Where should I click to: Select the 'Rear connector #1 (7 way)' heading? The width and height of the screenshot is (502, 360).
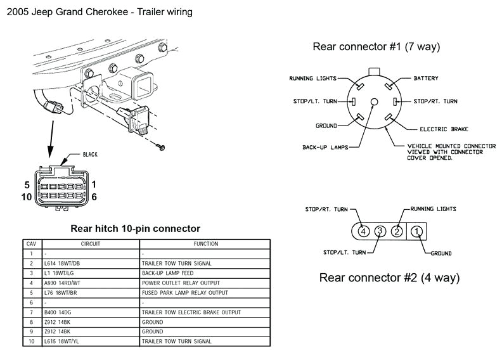[x=376, y=47]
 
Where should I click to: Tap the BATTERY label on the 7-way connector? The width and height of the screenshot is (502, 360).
[x=426, y=79]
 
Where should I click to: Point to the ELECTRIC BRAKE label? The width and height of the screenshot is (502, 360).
[x=443, y=129]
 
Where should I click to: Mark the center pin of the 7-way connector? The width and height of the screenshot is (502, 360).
[x=374, y=102]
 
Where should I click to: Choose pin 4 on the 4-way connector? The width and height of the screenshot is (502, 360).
[x=363, y=231]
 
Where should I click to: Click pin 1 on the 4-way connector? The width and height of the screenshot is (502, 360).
[x=416, y=231]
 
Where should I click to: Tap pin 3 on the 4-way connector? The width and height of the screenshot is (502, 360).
[x=380, y=231]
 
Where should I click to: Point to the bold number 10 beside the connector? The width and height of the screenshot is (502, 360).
[x=27, y=197]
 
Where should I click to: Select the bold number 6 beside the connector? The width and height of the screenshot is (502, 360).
[x=94, y=197]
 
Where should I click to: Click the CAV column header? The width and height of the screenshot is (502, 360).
[x=30, y=243]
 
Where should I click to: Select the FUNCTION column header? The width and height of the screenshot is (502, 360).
[x=206, y=243]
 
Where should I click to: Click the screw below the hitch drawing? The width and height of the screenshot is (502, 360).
[x=162, y=147]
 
